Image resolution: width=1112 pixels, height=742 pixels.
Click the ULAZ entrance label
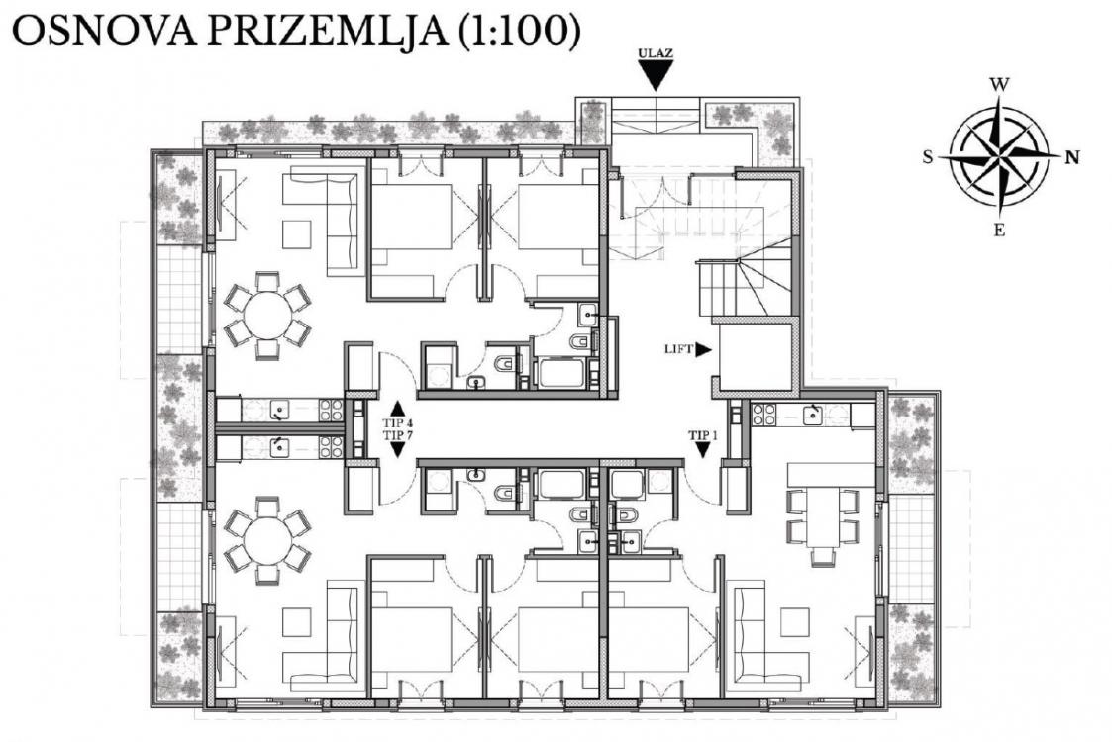[656, 53]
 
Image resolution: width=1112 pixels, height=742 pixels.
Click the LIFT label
[678, 348]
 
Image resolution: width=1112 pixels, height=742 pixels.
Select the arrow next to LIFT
[703, 348]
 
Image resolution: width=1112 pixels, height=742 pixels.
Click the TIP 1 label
[703, 436]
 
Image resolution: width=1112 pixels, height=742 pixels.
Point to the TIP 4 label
[397, 422]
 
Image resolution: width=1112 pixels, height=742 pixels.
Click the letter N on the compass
[1072, 157]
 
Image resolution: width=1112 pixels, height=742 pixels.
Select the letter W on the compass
[999, 85]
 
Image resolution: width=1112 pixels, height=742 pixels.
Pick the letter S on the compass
[928, 157]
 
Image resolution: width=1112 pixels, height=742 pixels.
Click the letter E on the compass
[999, 230]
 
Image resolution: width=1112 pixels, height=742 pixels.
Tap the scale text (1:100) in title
[520, 31]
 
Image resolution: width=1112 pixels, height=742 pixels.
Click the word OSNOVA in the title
[104, 31]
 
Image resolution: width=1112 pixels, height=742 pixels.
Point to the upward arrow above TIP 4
[397, 409]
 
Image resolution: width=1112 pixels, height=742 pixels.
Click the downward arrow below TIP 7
[397, 449]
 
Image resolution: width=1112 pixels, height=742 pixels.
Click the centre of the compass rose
[999, 156]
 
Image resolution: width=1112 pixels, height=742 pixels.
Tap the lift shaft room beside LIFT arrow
[756, 356]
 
